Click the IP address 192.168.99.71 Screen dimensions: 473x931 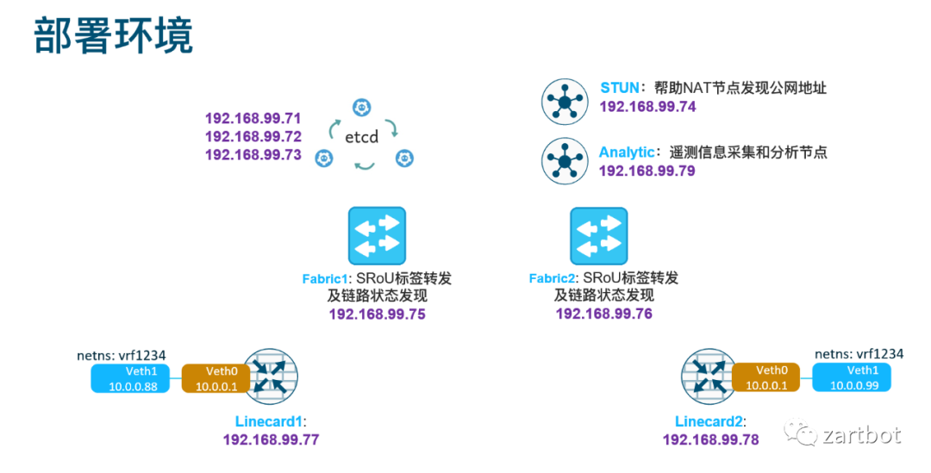[253, 117]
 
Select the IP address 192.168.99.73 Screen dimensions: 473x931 [253, 155]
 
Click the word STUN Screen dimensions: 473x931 [620, 88]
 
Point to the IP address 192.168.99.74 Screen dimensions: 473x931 [647, 107]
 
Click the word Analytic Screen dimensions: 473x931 [627, 152]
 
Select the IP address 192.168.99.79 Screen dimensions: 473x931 [647, 171]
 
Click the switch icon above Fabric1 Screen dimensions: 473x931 [377, 235]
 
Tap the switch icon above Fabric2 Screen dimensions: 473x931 [599, 235]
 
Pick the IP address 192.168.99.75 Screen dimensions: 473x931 [378, 314]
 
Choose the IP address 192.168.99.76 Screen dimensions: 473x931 [603, 314]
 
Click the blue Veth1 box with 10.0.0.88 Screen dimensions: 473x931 [133, 378]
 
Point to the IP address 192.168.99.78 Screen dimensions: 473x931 [710, 439]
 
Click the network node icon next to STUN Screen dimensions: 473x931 [565, 103]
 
